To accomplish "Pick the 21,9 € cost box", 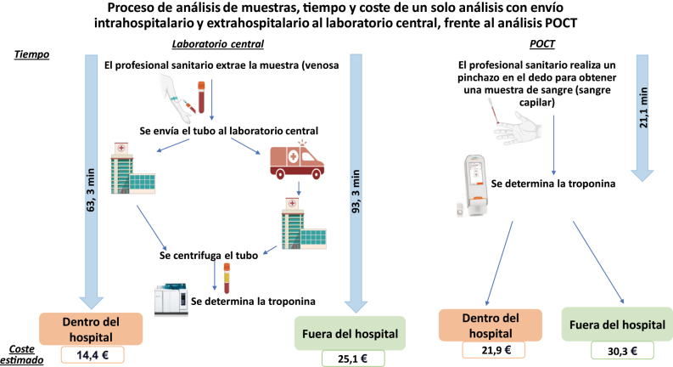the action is coord(493,348).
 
